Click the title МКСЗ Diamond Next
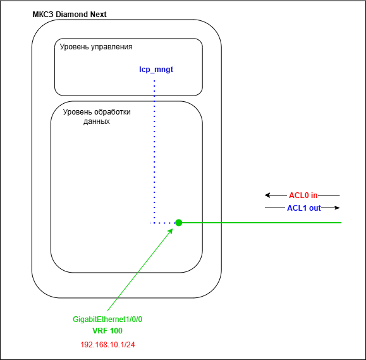[x=70, y=15]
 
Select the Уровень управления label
[x=96, y=47]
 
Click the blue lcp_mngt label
[x=156, y=70]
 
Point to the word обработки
[x=113, y=112]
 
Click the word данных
[x=97, y=121]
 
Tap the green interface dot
[x=178, y=223]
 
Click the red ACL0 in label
[x=303, y=196]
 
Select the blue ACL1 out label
[x=304, y=208]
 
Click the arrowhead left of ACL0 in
[x=267, y=195]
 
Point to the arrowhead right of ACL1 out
[x=337, y=208]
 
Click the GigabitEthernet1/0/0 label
[x=107, y=320]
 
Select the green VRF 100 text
[x=107, y=331]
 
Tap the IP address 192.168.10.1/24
[x=107, y=345]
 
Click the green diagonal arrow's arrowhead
[x=171, y=231]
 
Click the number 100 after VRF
[x=116, y=331]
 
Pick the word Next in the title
[x=98, y=15]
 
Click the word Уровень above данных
[x=78, y=112]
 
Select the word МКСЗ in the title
[x=43, y=15]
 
